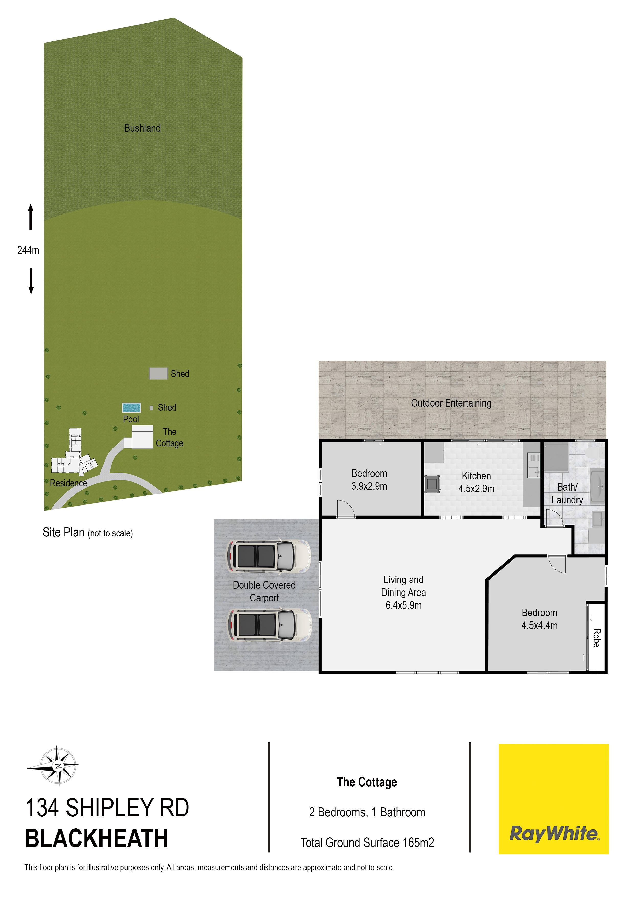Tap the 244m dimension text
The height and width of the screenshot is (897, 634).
(28, 250)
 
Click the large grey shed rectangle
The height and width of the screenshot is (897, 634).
(158, 374)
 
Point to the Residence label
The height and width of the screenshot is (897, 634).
(68, 483)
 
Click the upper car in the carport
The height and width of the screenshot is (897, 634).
(269, 556)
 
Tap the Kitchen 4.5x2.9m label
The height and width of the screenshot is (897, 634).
(476, 482)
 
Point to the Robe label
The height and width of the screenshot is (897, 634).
(596, 638)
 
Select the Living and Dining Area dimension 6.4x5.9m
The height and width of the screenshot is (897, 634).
(403, 605)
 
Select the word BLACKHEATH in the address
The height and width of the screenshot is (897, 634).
(96, 838)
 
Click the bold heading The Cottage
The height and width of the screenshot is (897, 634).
(367, 782)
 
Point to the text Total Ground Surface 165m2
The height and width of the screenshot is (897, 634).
(367, 843)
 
